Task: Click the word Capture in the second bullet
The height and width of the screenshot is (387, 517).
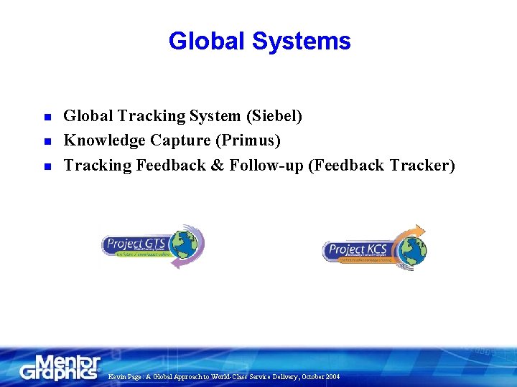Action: [177, 140]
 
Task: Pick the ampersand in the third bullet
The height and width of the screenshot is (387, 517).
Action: [218, 165]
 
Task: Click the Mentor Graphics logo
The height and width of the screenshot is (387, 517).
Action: [61, 367]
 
